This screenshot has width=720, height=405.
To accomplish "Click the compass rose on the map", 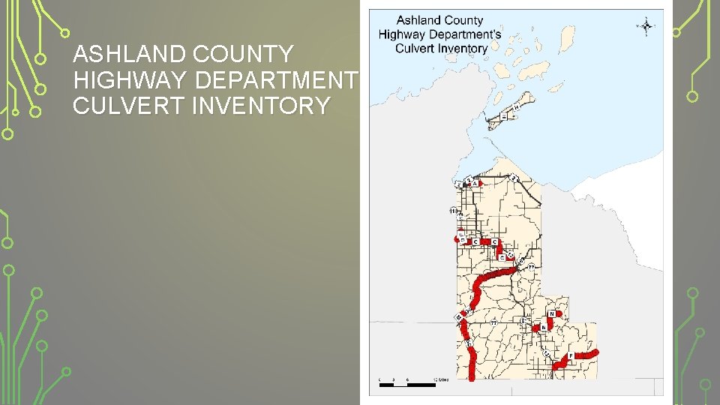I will tap(646, 26).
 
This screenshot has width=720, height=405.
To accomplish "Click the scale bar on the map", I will tap(406, 384).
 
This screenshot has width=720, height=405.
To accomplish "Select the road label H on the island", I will tap(516, 107).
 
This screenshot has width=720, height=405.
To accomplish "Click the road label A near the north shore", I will tap(474, 184).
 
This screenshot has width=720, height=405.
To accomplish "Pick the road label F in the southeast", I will tap(570, 355).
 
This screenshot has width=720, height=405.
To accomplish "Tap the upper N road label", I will tap(552, 313).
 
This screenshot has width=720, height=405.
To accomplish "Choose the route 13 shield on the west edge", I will tap(453, 211).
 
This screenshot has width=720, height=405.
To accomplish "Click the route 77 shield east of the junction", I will tap(531, 267).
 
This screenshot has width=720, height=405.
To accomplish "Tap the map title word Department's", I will tap(463, 34).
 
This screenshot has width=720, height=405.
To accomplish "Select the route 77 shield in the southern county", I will tap(493, 322).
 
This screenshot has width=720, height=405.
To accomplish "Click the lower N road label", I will tap(543, 328).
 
